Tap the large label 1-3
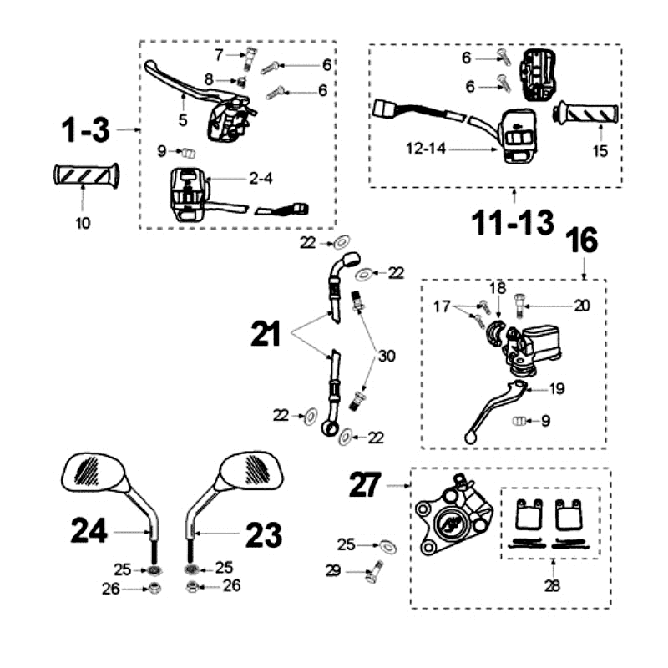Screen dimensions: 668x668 click(x=84, y=131)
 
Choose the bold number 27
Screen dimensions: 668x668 click(x=365, y=484)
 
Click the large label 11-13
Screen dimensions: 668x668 click(x=512, y=223)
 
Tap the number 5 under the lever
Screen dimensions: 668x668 click(x=182, y=120)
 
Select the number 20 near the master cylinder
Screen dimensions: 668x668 click(x=581, y=306)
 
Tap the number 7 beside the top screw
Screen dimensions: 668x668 click(x=219, y=55)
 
